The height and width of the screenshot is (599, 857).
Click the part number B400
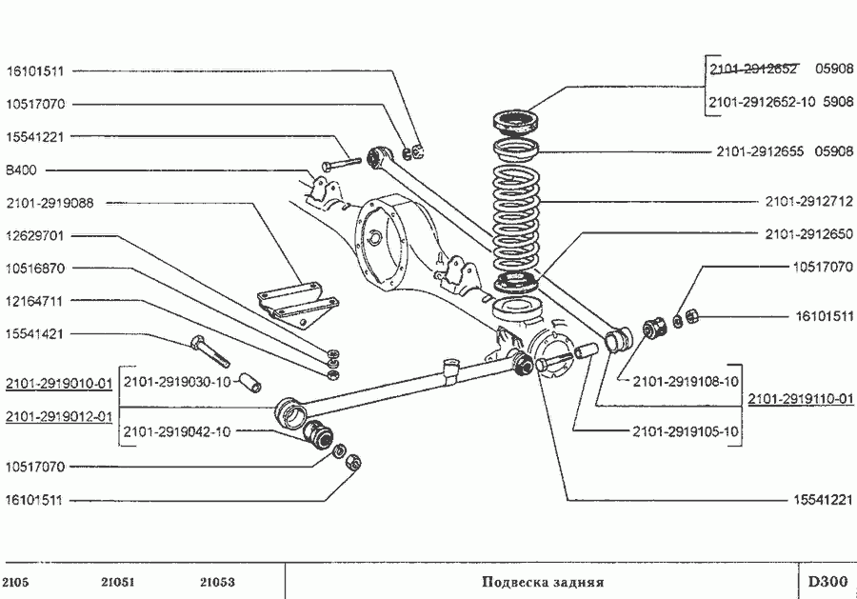(x=20, y=170)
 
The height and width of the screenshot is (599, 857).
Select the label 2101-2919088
(x=50, y=203)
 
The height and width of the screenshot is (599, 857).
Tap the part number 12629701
(x=34, y=235)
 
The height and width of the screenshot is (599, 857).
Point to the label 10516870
(x=34, y=269)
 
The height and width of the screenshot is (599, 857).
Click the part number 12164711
(x=34, y=301)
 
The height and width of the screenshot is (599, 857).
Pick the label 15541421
(x=34, y=334)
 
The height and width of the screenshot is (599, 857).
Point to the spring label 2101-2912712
(x=809, y=202)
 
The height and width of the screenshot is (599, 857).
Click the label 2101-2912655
(x=762, y=150)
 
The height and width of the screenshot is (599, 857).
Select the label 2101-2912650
(x=809, y=233)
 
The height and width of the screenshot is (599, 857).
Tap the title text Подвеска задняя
(x=543, y=582)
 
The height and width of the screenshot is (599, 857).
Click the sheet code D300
(x=827, y=582)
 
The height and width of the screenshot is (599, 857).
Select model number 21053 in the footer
(x=218, y=582)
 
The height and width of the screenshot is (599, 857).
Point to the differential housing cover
(x=381, y=238)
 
